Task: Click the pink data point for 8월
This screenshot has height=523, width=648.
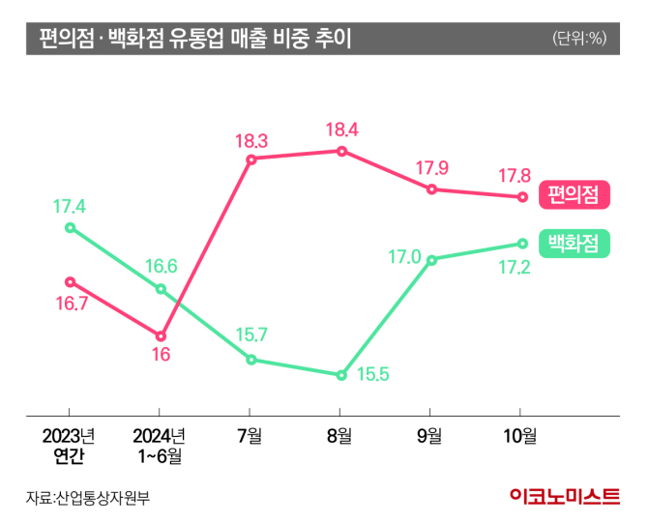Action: click(x=341, y=151)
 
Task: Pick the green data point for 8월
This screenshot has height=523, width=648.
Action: click(x=341, y=375)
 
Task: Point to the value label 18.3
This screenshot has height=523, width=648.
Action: click(x=250, y=140)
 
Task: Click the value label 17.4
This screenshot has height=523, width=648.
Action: click(x=70, y=206)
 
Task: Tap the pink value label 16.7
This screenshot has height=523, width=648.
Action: click(x=70, y=304)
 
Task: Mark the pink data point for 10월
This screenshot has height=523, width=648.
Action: click(x=522, y=197)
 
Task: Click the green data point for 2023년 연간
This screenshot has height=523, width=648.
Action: click(x=70, y=228)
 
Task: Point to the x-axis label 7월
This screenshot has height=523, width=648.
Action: click(x=250, y=435)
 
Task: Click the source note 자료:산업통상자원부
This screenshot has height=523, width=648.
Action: click(x=89, y=498)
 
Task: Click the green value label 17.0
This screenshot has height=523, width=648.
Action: click(x=403, y=257)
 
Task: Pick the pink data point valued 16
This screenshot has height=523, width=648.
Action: click(x=161, y=335)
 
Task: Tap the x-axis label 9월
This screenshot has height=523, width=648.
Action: click(x=431, y=435)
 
